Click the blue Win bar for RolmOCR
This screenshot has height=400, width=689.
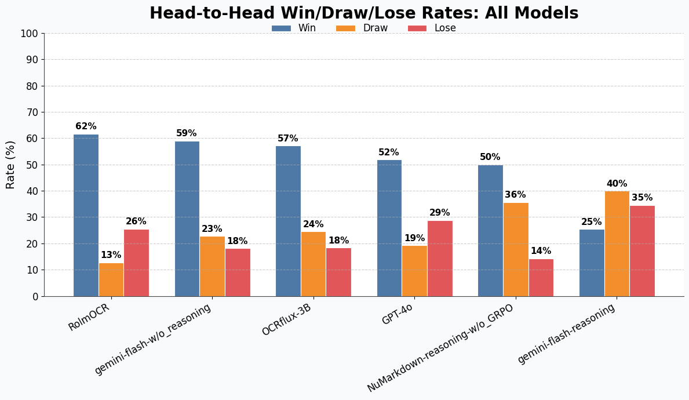[x=86, y=215]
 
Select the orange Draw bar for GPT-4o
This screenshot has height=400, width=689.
[x=414, y=271]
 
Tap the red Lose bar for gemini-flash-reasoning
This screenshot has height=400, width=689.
[x=642, y=250]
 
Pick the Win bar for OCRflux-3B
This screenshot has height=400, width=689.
[x=288, y=221]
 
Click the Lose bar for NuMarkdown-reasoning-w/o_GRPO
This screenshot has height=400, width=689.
[x=541, y=277]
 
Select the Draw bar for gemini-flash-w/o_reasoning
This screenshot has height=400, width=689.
[x=212, y=266]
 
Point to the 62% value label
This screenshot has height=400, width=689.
[x=86, y=126]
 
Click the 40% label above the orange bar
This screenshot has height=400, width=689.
[x=617, y=184]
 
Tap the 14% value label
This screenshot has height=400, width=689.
[x=541, y=251]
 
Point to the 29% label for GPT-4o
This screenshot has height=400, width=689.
[x=440, y=213]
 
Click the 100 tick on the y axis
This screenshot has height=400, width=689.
[x=29, y=34]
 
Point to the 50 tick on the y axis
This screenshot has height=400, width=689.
[x=32, y=165]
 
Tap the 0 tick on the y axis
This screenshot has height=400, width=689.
[x=35, y=296]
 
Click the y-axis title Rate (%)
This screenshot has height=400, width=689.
[x=11, y=165]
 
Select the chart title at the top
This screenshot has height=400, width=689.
[x=364, y=13]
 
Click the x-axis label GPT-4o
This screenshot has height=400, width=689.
[x=397, y=314]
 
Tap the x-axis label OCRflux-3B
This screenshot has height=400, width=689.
[x=286, y=319]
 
